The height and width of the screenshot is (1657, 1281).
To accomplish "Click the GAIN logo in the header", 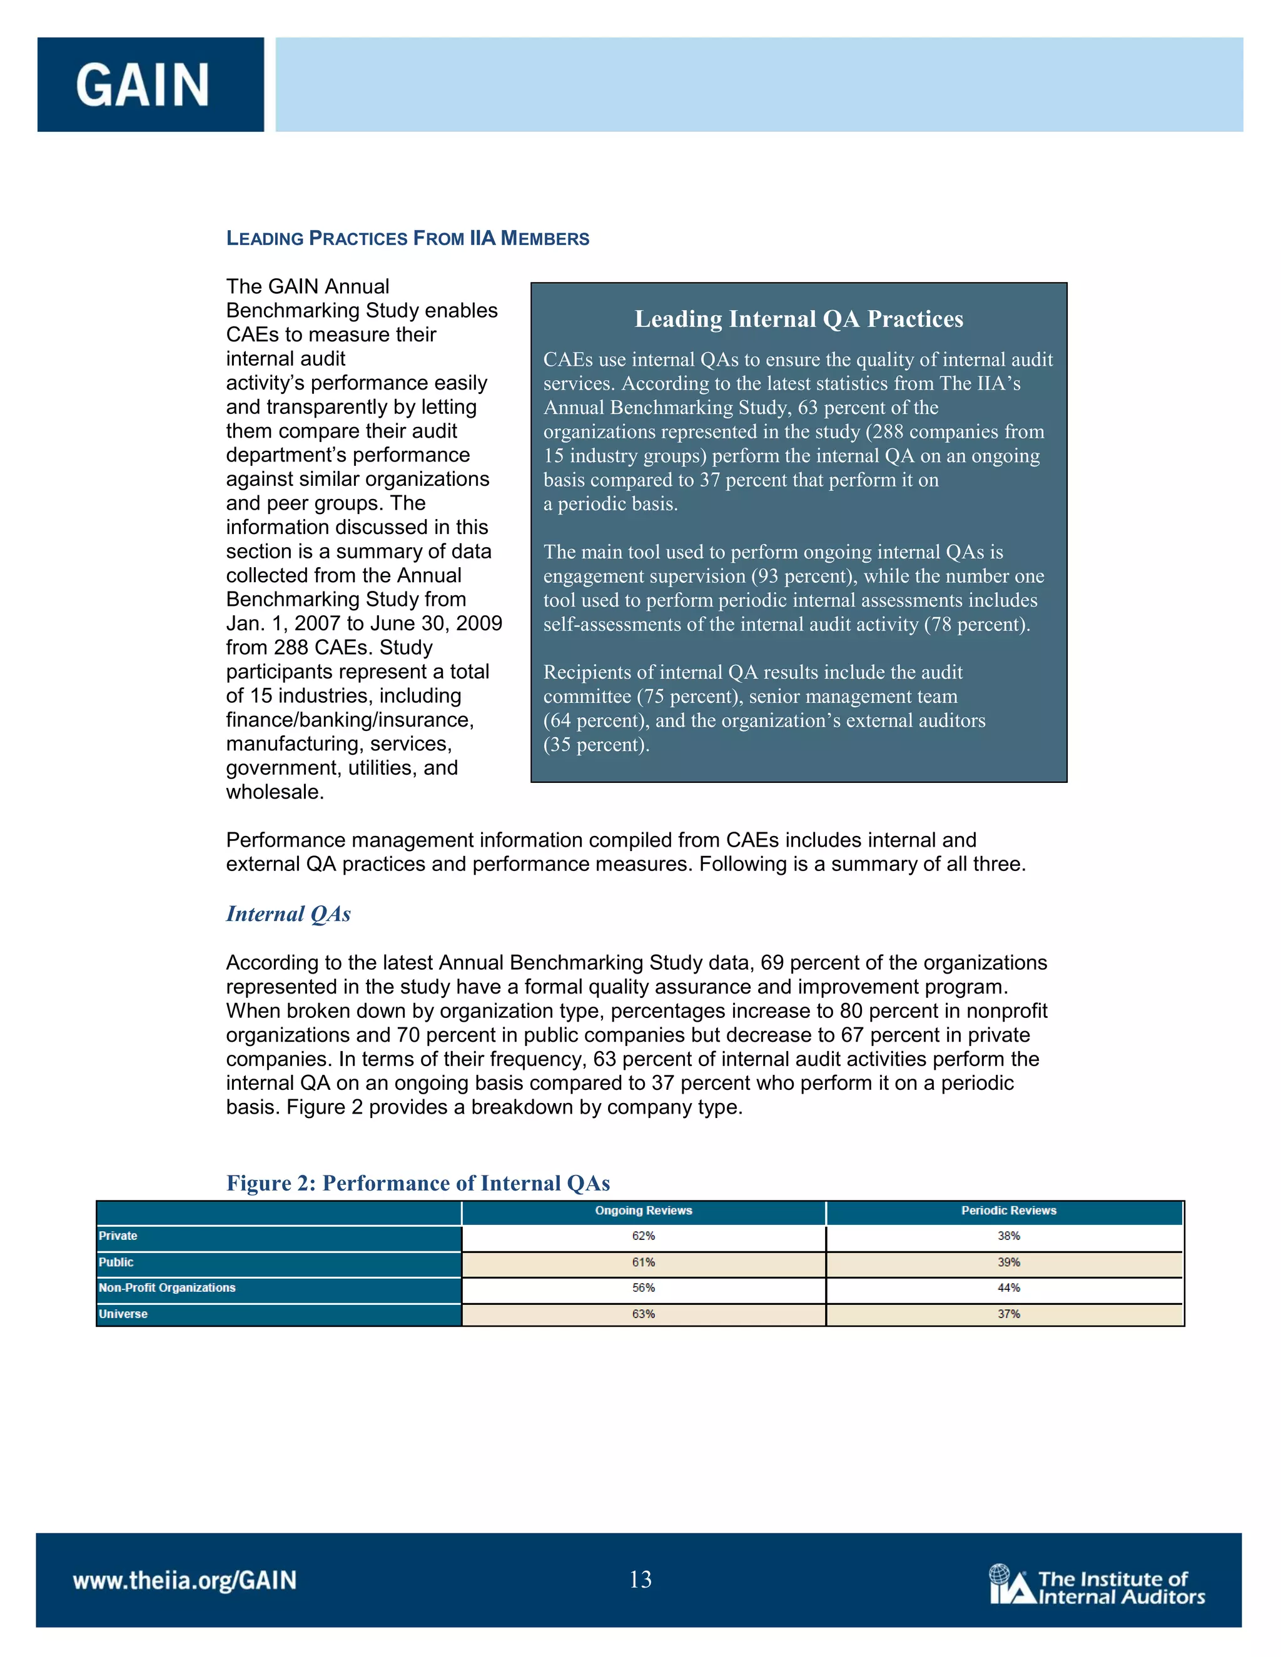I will click(143, 85).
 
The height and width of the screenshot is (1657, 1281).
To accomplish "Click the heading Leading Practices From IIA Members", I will click(408, 238).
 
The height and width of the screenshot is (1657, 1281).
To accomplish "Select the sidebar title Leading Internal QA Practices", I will click(798, 319).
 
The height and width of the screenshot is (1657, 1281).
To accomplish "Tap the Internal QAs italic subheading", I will click(288, 914).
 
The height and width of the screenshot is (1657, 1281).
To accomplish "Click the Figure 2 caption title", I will click(418, 1183).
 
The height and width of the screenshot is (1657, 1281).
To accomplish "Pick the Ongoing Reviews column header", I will click(643, 1211).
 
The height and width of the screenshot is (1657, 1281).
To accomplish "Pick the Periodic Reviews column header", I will click(1008, 1211).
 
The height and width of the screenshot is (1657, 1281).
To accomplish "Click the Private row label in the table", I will click(118, 1236).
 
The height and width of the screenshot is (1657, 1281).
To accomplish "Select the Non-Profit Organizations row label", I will click(167, 1287).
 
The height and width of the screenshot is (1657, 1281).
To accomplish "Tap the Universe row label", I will click(123, 1314).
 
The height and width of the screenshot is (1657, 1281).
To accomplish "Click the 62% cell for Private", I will click(643, 1236).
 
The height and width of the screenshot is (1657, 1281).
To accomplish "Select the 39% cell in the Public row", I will click(1008, 1262).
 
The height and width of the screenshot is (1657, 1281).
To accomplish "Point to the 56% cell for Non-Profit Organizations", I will click(643, 1287).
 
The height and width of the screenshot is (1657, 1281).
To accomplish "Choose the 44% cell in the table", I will click(1008, 1287).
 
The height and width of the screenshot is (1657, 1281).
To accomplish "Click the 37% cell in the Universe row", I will click(1008, 1314).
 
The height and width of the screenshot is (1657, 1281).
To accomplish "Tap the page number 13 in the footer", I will click(640, 1579).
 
